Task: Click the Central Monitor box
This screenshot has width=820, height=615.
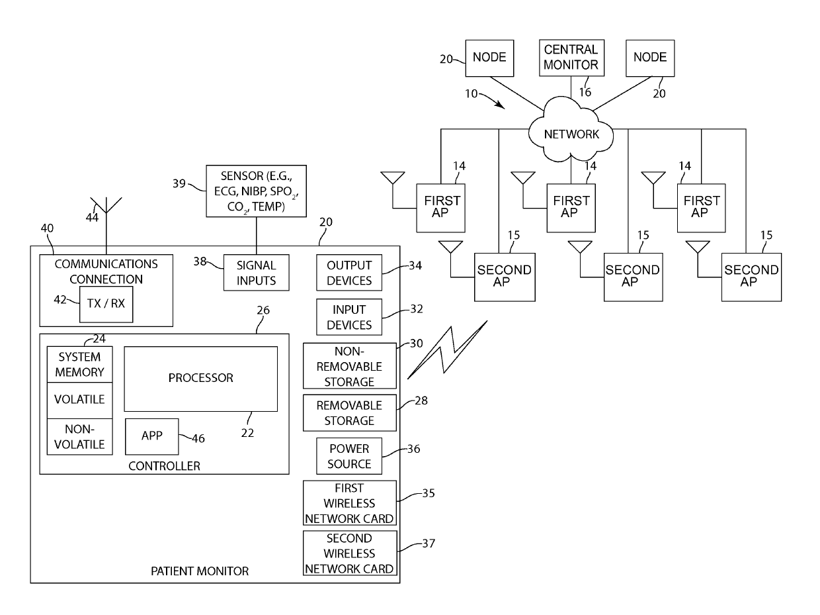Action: (571, 58)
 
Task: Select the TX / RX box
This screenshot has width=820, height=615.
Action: (106, 305)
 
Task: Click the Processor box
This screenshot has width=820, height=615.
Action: (200, 379)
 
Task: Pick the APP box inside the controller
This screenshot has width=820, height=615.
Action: (151, 436)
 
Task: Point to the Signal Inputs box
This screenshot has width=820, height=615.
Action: (257, 273)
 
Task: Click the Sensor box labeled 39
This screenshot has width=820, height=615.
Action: (257, 191)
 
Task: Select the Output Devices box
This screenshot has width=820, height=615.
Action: (349, 273)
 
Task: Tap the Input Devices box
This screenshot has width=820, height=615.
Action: (349, 317)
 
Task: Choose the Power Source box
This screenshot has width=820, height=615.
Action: (349, 456)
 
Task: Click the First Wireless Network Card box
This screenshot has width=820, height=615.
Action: (350, 503)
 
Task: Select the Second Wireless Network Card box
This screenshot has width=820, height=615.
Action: (350, 553)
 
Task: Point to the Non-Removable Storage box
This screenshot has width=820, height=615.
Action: (350, 366)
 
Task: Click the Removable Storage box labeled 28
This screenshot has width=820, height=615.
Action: (350, 412)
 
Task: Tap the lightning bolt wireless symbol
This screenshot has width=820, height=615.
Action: (448, 350)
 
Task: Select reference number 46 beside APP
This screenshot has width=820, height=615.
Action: (198, 438)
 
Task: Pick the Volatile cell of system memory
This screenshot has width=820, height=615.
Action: (79, 400)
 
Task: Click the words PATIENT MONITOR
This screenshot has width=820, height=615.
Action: (200, 571)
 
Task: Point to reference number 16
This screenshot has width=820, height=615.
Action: (585, 92)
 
